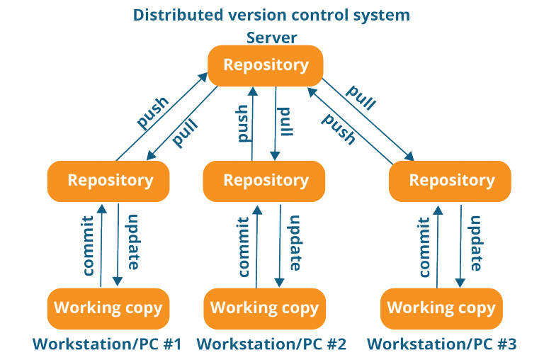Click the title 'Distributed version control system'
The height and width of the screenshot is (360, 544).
point(272,15)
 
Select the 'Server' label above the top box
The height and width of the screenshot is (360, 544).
point(272,38)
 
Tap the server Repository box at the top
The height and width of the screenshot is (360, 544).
point(266,65)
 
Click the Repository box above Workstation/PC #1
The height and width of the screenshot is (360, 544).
point(109,180)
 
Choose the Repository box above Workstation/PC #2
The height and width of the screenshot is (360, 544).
point(265,180)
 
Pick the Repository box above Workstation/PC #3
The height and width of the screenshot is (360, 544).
point(450,180)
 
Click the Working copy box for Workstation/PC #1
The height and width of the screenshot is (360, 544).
point(108,308)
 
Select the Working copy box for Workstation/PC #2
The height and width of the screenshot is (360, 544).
point(265,308)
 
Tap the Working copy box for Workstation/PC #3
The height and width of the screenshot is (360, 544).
point(441,308)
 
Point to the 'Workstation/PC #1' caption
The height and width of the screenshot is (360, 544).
point(107,345)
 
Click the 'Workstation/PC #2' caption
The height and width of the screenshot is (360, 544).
point(271,345)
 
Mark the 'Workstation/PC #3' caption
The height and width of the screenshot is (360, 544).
point(441,345)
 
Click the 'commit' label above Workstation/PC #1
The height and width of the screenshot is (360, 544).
point(89,246)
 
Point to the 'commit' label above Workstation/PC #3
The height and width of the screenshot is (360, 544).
point(426,246)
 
